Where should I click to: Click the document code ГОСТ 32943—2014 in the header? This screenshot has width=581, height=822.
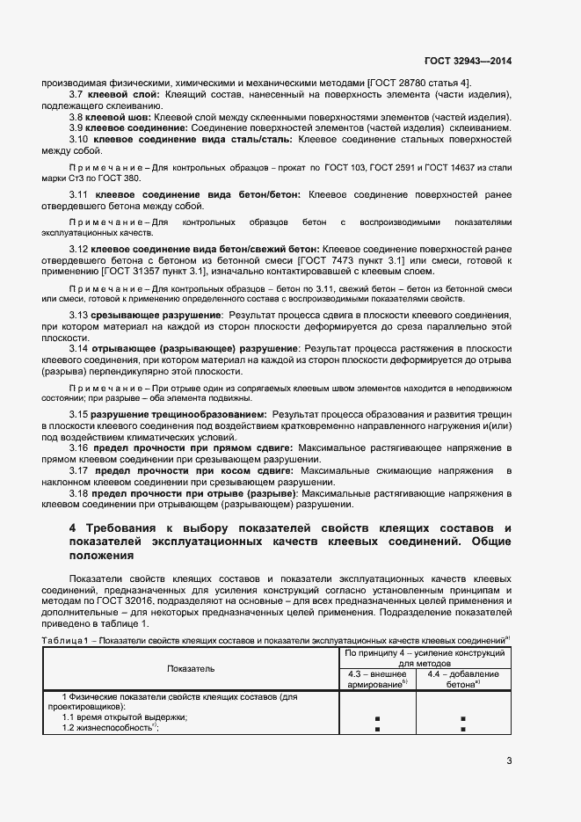point(468,62)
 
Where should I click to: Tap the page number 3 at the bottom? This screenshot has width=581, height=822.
point(509,761)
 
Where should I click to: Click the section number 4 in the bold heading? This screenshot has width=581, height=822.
point(73,528)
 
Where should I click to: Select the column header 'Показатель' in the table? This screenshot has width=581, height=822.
point(191,669)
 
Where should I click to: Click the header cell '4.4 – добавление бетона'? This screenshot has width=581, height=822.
point(462,678)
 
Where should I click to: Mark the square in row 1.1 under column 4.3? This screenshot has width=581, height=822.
point(377,718)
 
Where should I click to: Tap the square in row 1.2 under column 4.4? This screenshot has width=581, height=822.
point(462,729)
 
